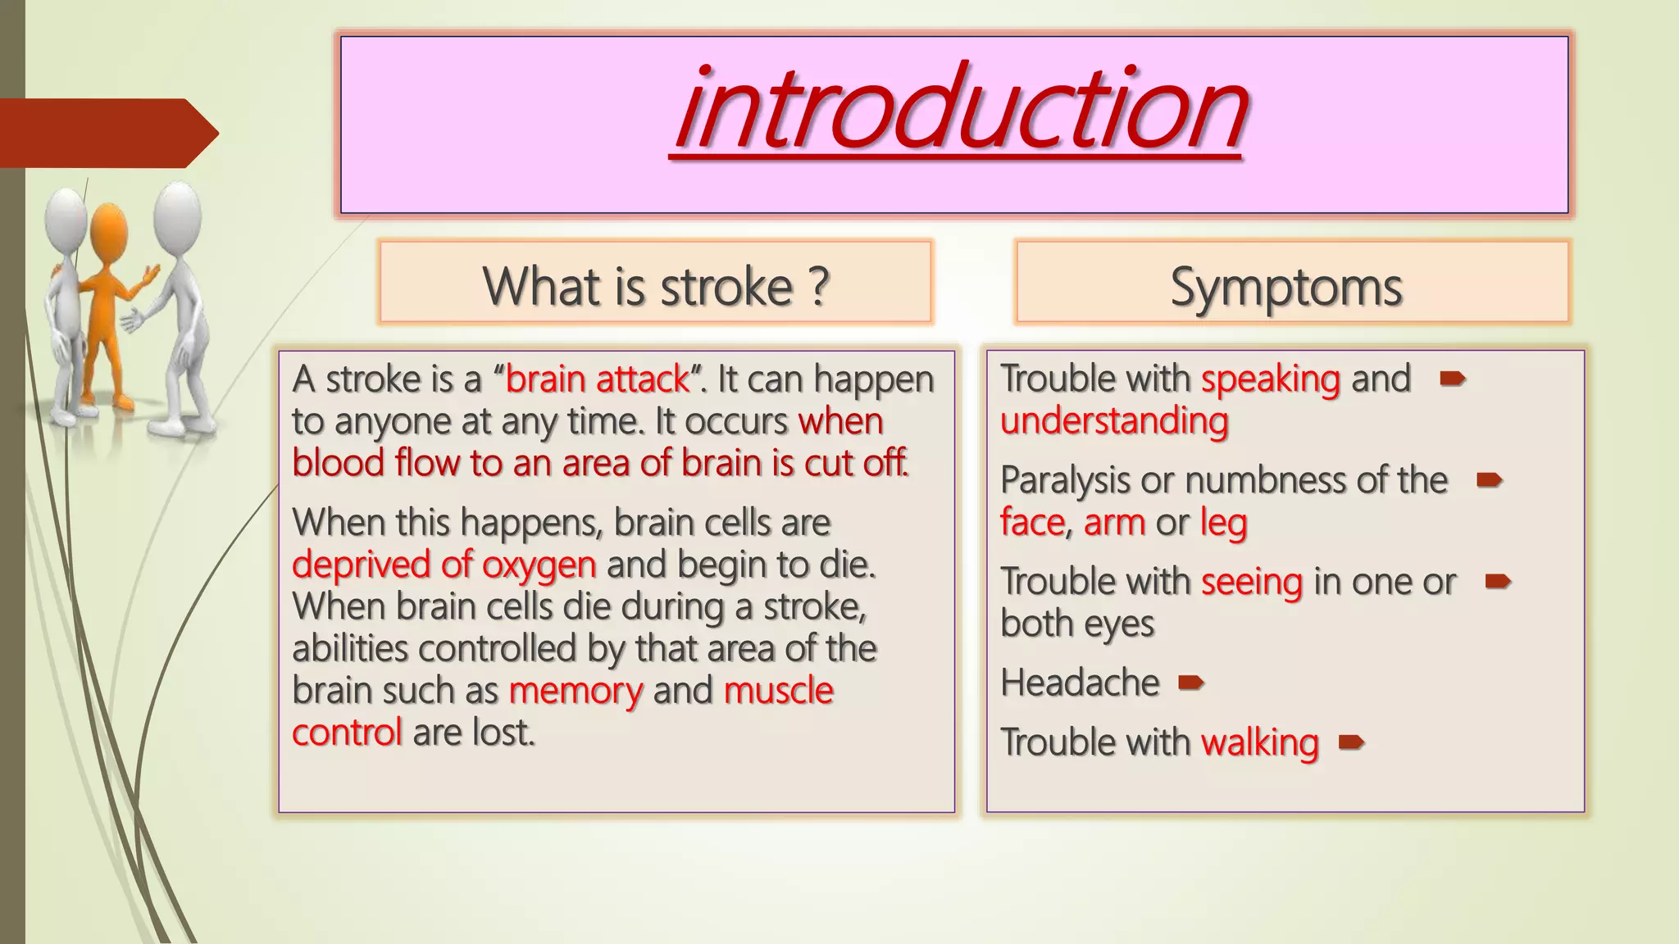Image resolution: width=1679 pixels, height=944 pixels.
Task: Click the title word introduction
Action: click(x=959, y=111)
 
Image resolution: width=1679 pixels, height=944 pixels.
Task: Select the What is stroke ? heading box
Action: click(x=655, y=283)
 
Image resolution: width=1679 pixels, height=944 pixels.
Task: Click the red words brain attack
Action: click(x=598, y=379)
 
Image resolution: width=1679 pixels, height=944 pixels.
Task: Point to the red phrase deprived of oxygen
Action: click(x=444, y=565)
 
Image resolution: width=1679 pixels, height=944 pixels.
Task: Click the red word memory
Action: click(x=575, y=691)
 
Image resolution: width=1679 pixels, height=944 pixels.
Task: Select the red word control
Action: click(x=347, y=733)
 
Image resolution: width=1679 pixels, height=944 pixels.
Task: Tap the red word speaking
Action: click(x=1270, y=379)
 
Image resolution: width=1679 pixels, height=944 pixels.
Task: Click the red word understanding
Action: click(x=1114, y=421)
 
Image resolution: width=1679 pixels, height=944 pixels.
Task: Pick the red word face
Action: click(x=1031, y=523)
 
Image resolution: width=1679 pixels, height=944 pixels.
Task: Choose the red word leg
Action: click(x=1223, y=523)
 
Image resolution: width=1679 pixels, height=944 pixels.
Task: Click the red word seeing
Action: click(x=1251, y=583)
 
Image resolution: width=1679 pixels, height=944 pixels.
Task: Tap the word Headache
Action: click(x=1080, y=683)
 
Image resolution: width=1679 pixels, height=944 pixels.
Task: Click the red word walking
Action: click(x=1259, y=743)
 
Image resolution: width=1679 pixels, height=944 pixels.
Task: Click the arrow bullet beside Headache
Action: click(x=1190, y=682)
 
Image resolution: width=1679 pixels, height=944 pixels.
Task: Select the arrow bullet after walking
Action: click(x=1350, y=742)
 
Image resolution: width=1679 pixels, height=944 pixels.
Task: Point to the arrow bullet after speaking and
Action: click(x=1452, y=379)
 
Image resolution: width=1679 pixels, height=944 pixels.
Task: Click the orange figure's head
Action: click(x=109, y=233)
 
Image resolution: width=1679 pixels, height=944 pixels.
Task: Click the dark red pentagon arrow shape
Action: click(x=107, y=133)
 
